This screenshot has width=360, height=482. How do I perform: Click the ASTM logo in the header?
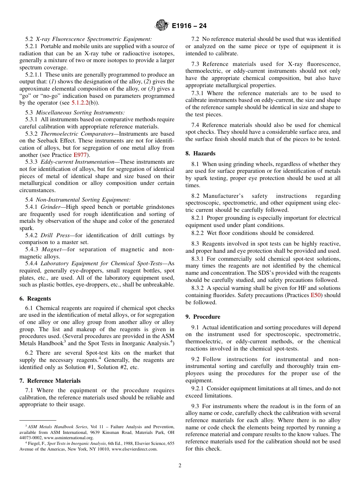pos(162,26)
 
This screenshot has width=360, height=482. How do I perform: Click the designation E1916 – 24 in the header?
pos(189,26)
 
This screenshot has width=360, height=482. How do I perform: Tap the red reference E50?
pos(315,295)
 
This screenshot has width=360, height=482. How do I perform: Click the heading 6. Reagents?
pos(35,299)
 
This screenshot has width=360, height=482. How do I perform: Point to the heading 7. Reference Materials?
pos(50,381)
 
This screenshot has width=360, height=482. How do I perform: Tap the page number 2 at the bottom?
pos(180,466)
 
